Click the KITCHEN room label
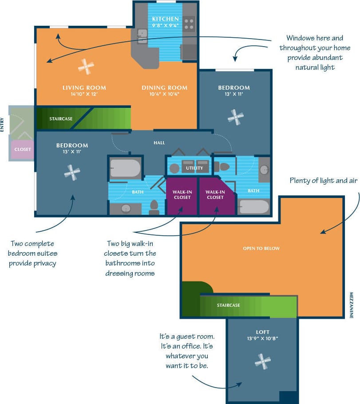165,19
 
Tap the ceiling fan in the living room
86,67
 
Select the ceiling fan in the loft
263,361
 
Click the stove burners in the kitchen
189,23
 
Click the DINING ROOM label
164,87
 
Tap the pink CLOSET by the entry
23,150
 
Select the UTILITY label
194,168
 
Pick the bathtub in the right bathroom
253,206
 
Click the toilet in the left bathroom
154,206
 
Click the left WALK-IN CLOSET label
182,194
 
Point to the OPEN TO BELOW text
261,248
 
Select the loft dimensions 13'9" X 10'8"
262,338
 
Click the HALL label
159,143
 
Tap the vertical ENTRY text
3,124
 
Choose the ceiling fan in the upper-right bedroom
235,116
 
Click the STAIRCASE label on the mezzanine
228,305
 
